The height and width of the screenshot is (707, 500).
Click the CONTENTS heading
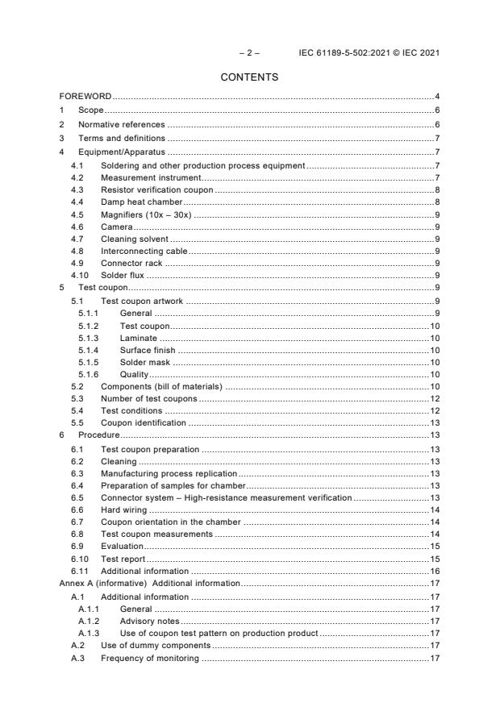click(249, 77)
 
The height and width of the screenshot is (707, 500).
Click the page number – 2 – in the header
click(249, 53)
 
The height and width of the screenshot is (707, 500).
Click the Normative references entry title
click(121, 124)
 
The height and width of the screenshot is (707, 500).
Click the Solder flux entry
click(123, 275)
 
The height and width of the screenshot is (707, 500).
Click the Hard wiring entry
click(124, 510)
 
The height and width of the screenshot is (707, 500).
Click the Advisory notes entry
click(149, 622)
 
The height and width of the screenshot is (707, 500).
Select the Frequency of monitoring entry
click(149, 659)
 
